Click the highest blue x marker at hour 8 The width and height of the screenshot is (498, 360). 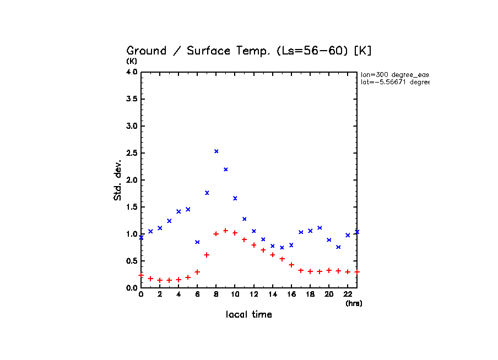click(216, 151)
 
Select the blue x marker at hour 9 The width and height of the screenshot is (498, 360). click(226, 169)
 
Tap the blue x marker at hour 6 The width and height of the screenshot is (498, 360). click(197, 242)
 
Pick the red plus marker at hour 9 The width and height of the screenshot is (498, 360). click(226, 230)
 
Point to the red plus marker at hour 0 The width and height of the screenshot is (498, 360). click(141, 275)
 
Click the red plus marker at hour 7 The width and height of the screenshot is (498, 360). click(207, 254)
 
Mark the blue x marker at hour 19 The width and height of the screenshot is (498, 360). click(320, 227)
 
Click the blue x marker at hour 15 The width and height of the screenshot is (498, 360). click(282, 247)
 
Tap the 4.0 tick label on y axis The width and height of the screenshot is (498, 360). click(132, 72)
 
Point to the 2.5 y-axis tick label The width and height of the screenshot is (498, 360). click(132, 152)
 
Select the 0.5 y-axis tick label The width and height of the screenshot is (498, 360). click(132, 261)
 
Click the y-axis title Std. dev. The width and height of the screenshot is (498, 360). click(118, 180)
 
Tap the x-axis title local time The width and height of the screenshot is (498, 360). click(249, 315)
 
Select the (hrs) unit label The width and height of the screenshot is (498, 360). click(354, 303)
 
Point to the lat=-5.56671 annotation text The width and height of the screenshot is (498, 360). click(394, 82)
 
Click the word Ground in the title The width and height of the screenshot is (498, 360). click(147, 51)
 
